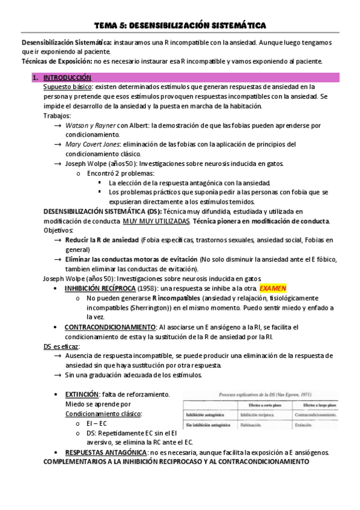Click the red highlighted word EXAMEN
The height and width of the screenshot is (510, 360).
pyautogui.click(x=273, y=289)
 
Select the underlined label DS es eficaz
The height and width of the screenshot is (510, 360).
pyautogui.click(x=61, y=347)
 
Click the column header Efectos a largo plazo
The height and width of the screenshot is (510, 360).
pyautogui.click(x=317, y=406)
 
